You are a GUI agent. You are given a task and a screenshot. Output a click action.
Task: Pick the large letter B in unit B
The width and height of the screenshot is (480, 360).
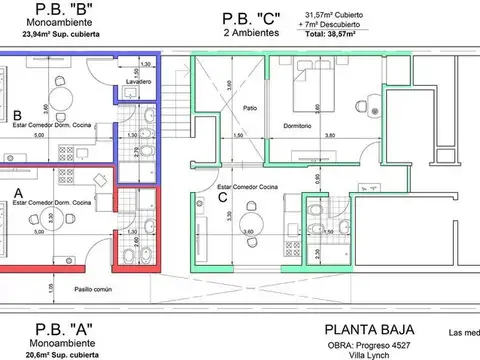(x=17, y=114)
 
